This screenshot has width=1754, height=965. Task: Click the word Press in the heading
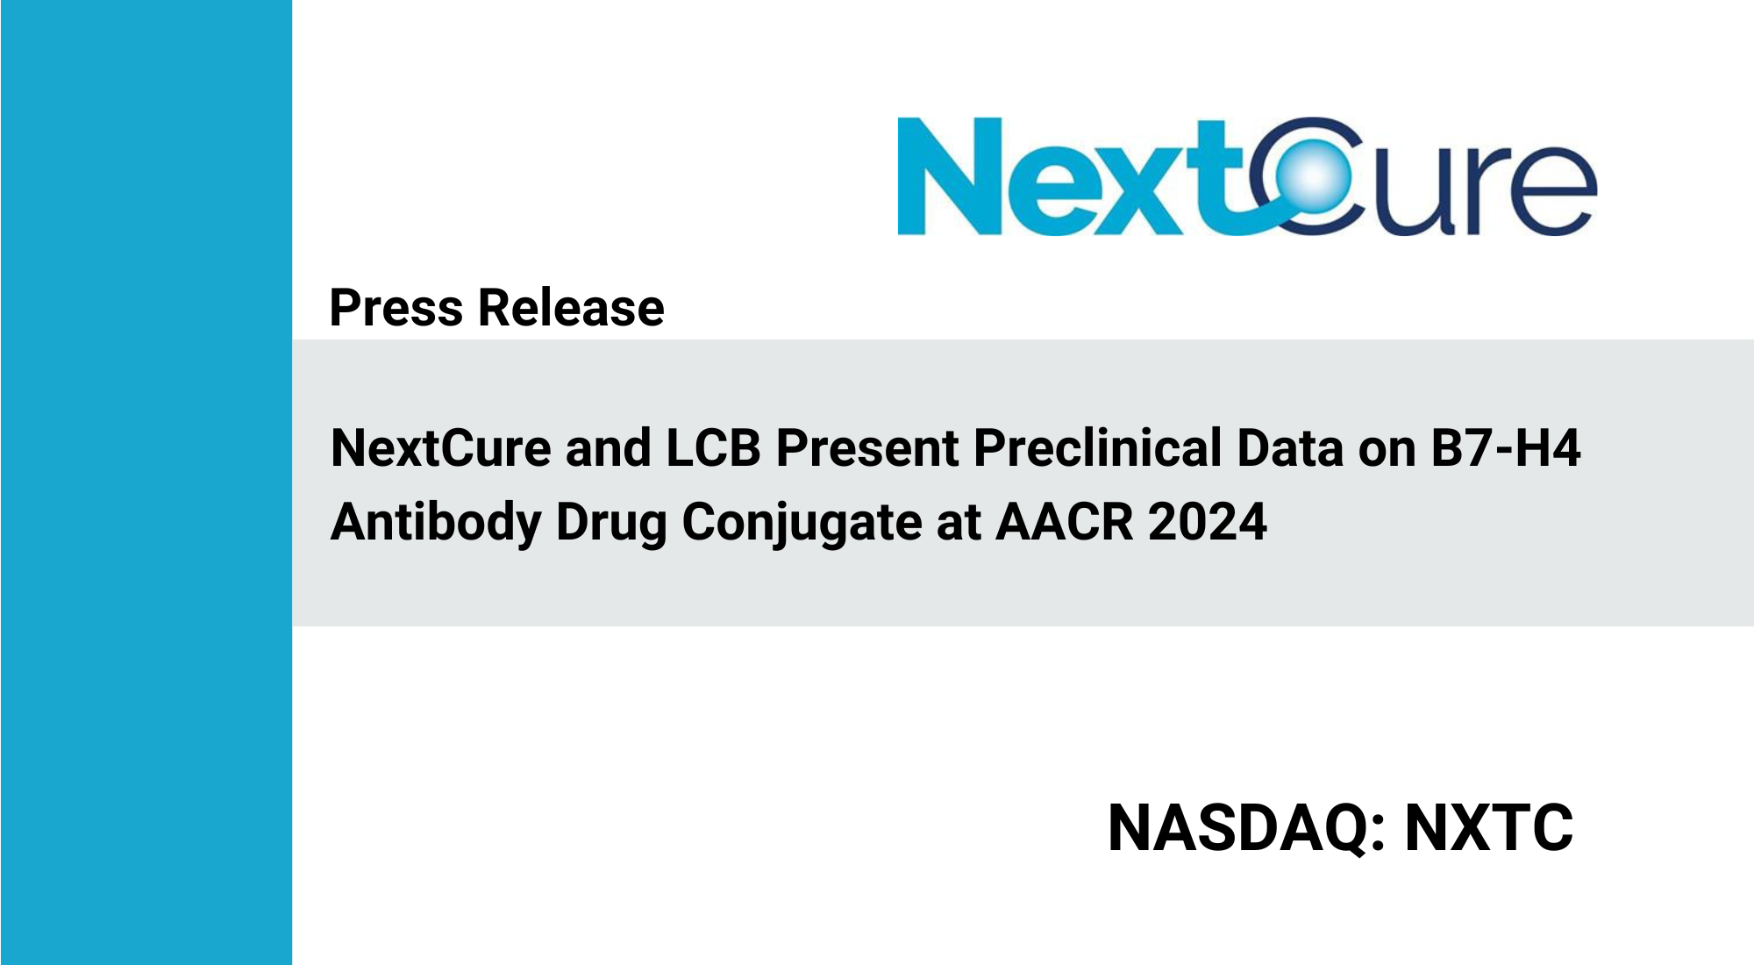click(x=396, y=308)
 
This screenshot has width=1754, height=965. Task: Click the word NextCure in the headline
click(x=441, y=448)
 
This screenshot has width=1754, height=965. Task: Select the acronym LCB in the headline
click(x=714, y=448)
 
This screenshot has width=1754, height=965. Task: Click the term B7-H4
click(x=1506, y=448)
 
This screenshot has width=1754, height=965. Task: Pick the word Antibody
click(x=436, y=523)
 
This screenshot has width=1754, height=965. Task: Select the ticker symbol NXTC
click(x=1489, y=828)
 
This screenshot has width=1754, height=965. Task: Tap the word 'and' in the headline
click(x=609, y=448)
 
